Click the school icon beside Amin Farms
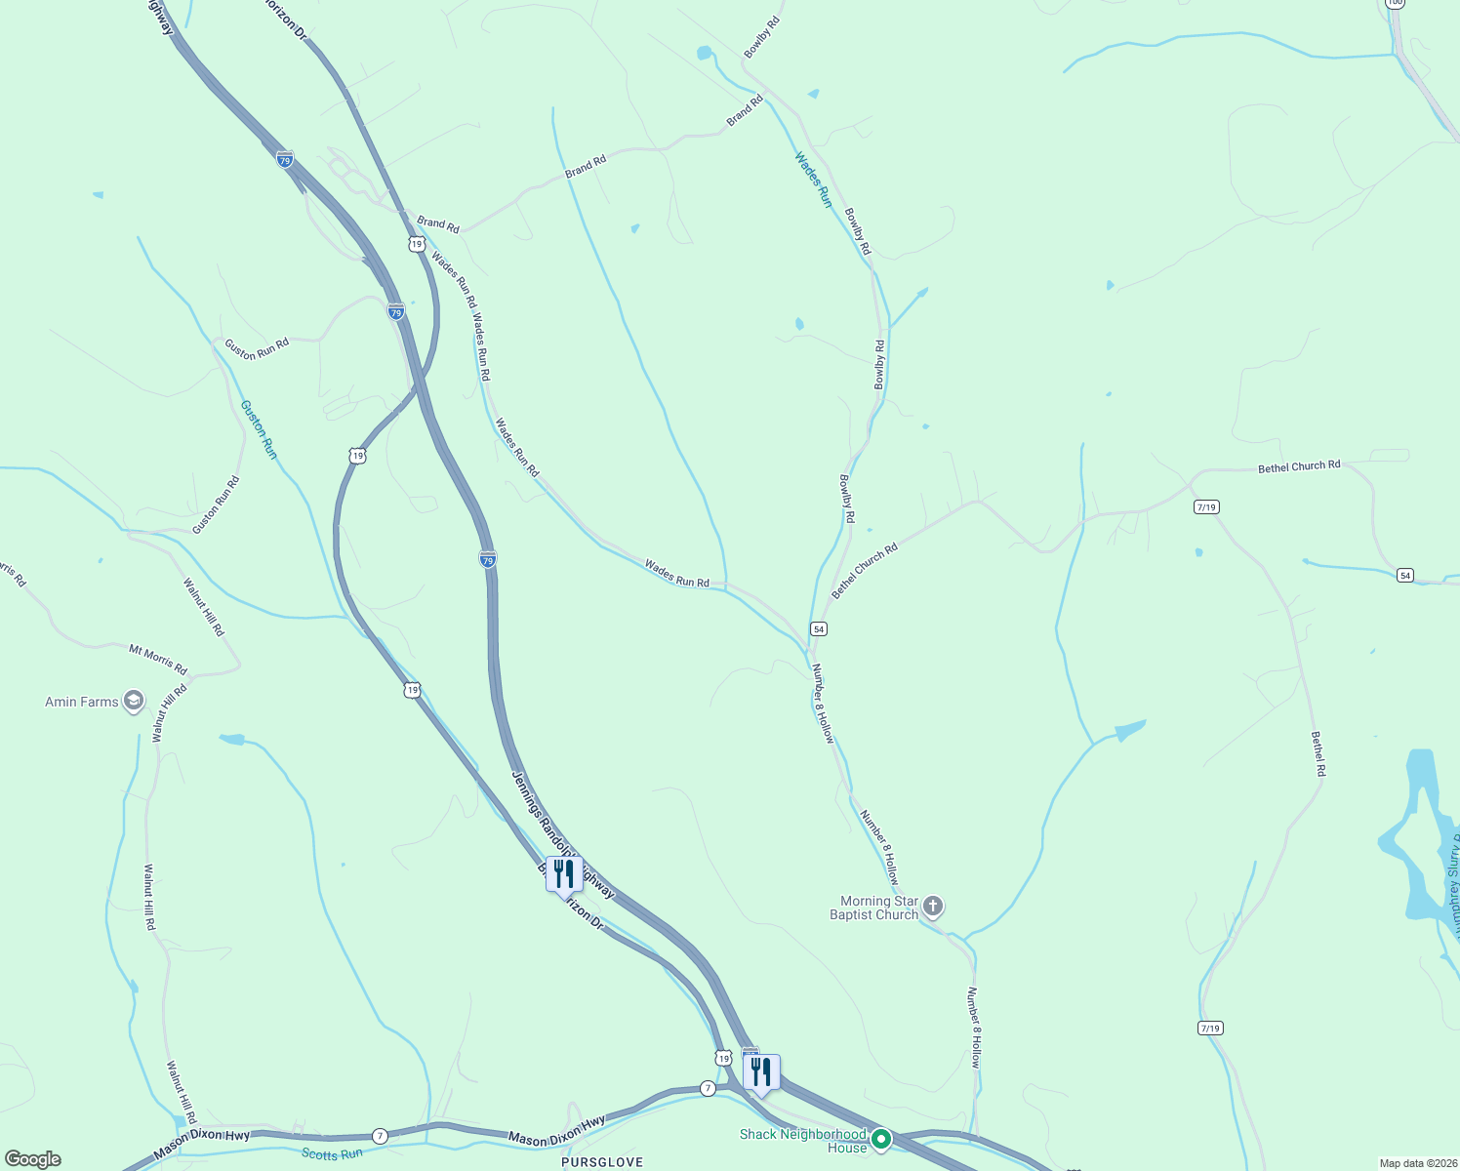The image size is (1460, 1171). (x=134, y=702)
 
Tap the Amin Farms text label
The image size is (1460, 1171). (x=81, y=702)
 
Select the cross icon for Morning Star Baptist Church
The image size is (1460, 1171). (x=933, y=908)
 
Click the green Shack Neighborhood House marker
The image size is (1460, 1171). (x=881, y=1140)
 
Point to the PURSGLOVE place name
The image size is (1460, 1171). (x=602, y=1162)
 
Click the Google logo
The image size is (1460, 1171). (x=32, y=1159)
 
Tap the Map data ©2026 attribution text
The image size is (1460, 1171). (x=1417, y=1163)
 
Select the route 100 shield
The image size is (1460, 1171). (x=1395, y=3)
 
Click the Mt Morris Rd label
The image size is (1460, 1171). (x=158, y=660)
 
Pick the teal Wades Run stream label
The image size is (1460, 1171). (x=812, y=179)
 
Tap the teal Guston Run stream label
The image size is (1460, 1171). (x=259, y=429)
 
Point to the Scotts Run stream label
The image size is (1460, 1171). (x=332, y=1154)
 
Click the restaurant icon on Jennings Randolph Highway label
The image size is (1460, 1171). (x=563, y=875)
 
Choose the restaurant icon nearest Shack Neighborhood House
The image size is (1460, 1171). (x=761, y=1072)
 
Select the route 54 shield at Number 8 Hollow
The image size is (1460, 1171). (x=819, y=628)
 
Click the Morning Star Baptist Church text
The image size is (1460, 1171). (x=873, y=908)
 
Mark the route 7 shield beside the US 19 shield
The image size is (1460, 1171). (x=708, y=1087)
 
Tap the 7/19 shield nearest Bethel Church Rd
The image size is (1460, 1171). (x=1206, y=507)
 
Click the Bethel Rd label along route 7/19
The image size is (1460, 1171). (x=1318, y=753)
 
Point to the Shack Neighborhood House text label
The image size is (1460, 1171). (x=802, y=1141)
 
